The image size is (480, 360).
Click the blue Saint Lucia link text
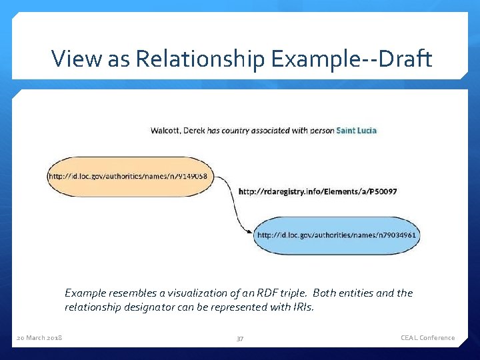[356, 130]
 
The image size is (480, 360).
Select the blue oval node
[337, 235]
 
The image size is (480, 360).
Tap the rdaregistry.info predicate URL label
[317, 191]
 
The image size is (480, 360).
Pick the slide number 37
[240, 339]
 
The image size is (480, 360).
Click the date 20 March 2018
[39, 338]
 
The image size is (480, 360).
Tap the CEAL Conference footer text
[427, 338]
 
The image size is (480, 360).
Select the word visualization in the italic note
[193, 293]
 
